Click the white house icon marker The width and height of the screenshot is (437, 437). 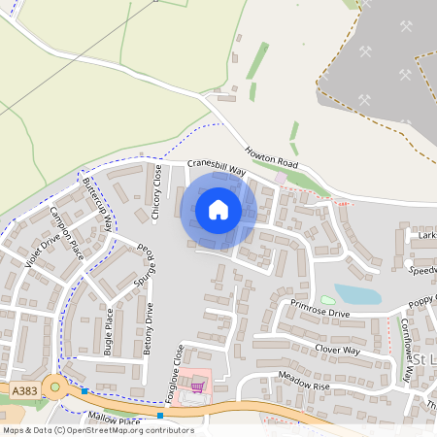[x=218, y=209]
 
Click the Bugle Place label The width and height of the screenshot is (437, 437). [x=109, y=331]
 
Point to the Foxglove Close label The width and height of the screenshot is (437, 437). [x=179, y=370]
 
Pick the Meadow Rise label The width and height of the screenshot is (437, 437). [x=304, y=381]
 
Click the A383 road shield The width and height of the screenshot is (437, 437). [x=25, y=389]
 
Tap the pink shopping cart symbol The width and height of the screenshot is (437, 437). [x=198, y=387]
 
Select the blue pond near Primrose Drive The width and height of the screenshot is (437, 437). [x=355, y=295]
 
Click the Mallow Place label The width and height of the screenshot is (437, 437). [x=115, y=420]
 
